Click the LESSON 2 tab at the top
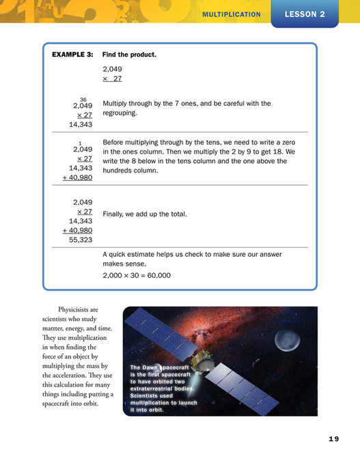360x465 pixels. click(304, 14)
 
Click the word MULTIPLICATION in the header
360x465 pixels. click(232, 14)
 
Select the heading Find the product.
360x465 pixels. click(129, 55)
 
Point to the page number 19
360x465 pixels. click(333, 438)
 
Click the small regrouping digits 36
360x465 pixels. click(83, 99)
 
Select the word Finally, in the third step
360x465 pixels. click(115, 214)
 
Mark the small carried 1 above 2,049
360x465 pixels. click(81, 143)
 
